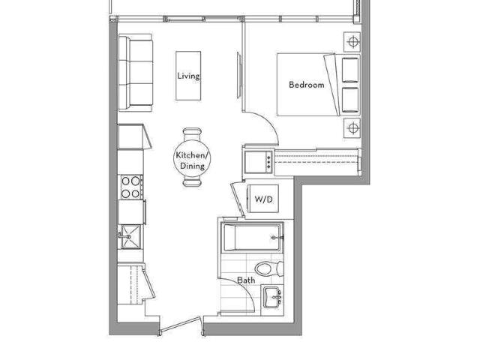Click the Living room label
pyautogui.click(x=188, y=76)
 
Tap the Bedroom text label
pyautogui.click(x=307, y=85)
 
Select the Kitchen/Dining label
pyautogui.click(x=193, y=160)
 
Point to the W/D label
pyautogui.click(x=263, y=199)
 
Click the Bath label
pyautogui.click(x=246, y=280)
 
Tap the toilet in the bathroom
pyautogui.click(x=269, y=269)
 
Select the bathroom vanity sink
pyautogui.click(x=273, y=297)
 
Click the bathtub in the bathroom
pyautogui.click(x=252, y=238)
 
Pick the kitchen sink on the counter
pyautogui.click(x=131, y=236)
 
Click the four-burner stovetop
pyautogui.click(x=131, y=187)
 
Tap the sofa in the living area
pyautogui.click(x=136, y=73)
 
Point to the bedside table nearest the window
pyautogui.click(x=352, y=42)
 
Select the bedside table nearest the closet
pyautogui.click(x=352, y=128)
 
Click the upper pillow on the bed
pyautogui.click(x=350, y=70)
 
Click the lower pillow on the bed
pyautogui.click(x=350, y=100)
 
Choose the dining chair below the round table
pyautogui.click(x=192, y=183)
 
